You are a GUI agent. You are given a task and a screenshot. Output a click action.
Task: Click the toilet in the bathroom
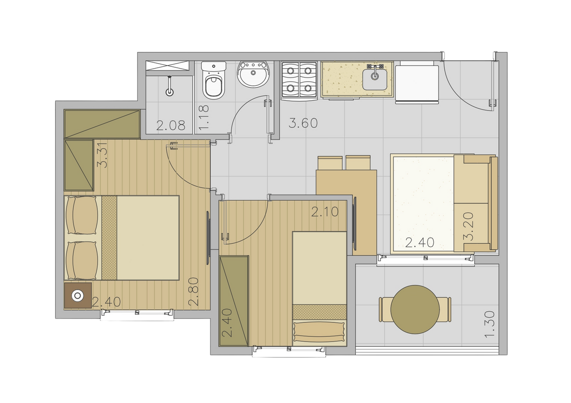pyautogui.click(x=214, y=80)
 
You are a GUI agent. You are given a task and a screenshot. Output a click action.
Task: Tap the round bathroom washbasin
pyautogui.click(x=253, y=74)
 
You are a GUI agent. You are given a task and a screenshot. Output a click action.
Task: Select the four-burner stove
pyautogui.click(x=299, y=80)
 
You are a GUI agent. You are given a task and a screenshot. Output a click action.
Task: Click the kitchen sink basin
pyautogui.click(x=375, y=79)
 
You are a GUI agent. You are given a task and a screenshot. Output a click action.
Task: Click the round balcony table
pyautogui.click(x=415, y=310)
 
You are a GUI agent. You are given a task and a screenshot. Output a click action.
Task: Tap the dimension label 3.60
pyautogui.click(x=303, y=123)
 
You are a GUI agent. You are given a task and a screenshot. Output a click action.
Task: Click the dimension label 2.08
pyautogui.click(x=171, y=125)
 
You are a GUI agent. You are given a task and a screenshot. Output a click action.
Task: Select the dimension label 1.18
pyautogui.click(x=203, y=117)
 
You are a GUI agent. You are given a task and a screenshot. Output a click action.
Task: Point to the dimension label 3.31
pyautogui.click(x=103, y=155)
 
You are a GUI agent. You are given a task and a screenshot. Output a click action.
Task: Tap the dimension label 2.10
pyautogui.click(x=325, y=212)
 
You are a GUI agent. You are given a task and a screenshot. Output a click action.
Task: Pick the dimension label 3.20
pyautogui.click(x=468, y=227)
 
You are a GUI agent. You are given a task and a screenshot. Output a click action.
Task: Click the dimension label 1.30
pyautogui.click(x=489, y=325)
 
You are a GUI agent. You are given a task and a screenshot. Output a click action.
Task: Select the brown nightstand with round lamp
pyautogui.click(x=78, y=295)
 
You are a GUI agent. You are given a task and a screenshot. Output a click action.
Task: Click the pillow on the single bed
pyautogui.click(x=319, y=332)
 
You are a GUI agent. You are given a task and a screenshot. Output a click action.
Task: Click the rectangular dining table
pyautogui.click(x=347, y=213)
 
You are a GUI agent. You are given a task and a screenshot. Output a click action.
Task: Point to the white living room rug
pyautogui.click(x=424, y=204)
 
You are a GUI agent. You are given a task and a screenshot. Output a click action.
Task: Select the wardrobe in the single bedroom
pyautogui.click(x=234, y=301)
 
